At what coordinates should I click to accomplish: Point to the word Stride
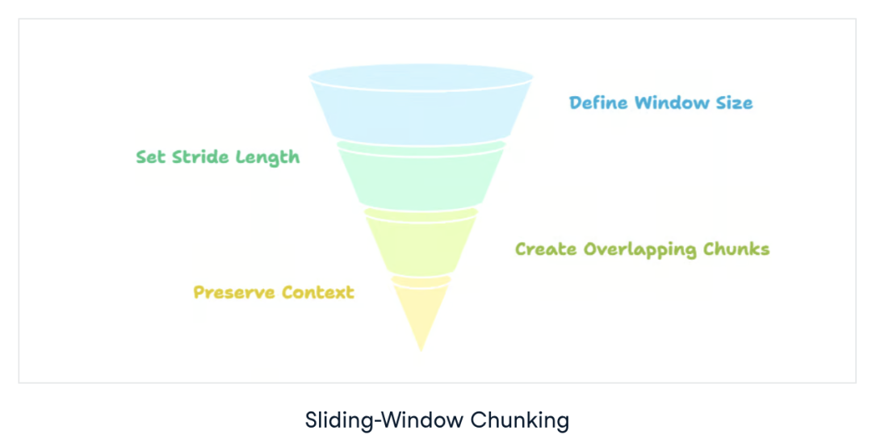coord(199,157)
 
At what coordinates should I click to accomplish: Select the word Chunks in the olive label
coord(738,249)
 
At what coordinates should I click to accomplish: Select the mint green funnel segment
coord(421,178)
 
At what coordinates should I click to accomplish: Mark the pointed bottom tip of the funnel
coord(421,349)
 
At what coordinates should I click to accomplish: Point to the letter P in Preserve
coord(199,292)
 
